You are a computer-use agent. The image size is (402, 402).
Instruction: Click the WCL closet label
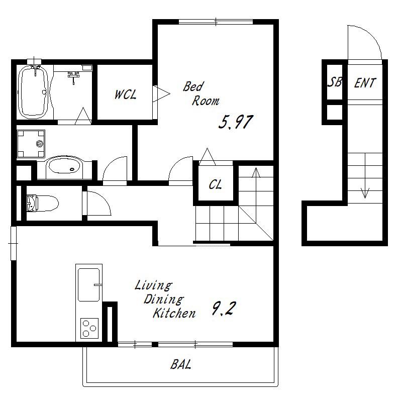pyautogui.click(x=125, y=94)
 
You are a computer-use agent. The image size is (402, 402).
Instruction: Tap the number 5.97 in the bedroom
pyautogui.click(x=236, y=122)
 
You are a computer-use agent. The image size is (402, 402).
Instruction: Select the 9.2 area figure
pyautogui.click(x=223, y=309)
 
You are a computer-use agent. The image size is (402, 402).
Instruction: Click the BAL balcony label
pyautogui.click(x=181, y=364)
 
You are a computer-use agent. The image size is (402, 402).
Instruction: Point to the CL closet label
pyautogui.click(x=215, y=184)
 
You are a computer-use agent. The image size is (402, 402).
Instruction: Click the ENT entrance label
pyautogui.click(x=365, y=83)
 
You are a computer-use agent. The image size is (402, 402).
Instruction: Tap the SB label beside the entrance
pyautogui.click(x=335, y=82)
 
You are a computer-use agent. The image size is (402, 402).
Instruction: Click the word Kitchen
pyautogui.click(x=174, y=313)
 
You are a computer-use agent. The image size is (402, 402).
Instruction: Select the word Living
pyautogui.click(x=153, y=285)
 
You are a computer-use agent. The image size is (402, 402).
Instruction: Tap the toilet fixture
pyautogui.click(x=42, y=204)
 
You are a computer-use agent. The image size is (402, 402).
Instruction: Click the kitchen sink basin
pyautogui.click(x=89, y=285)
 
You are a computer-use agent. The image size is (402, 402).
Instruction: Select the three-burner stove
pyautogui.click(x=89, y=328)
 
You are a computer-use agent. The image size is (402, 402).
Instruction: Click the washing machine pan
pyautogui.click(x=31, y=144)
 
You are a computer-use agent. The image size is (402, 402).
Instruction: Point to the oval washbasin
pyautogui.click(x=64, y=167)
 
